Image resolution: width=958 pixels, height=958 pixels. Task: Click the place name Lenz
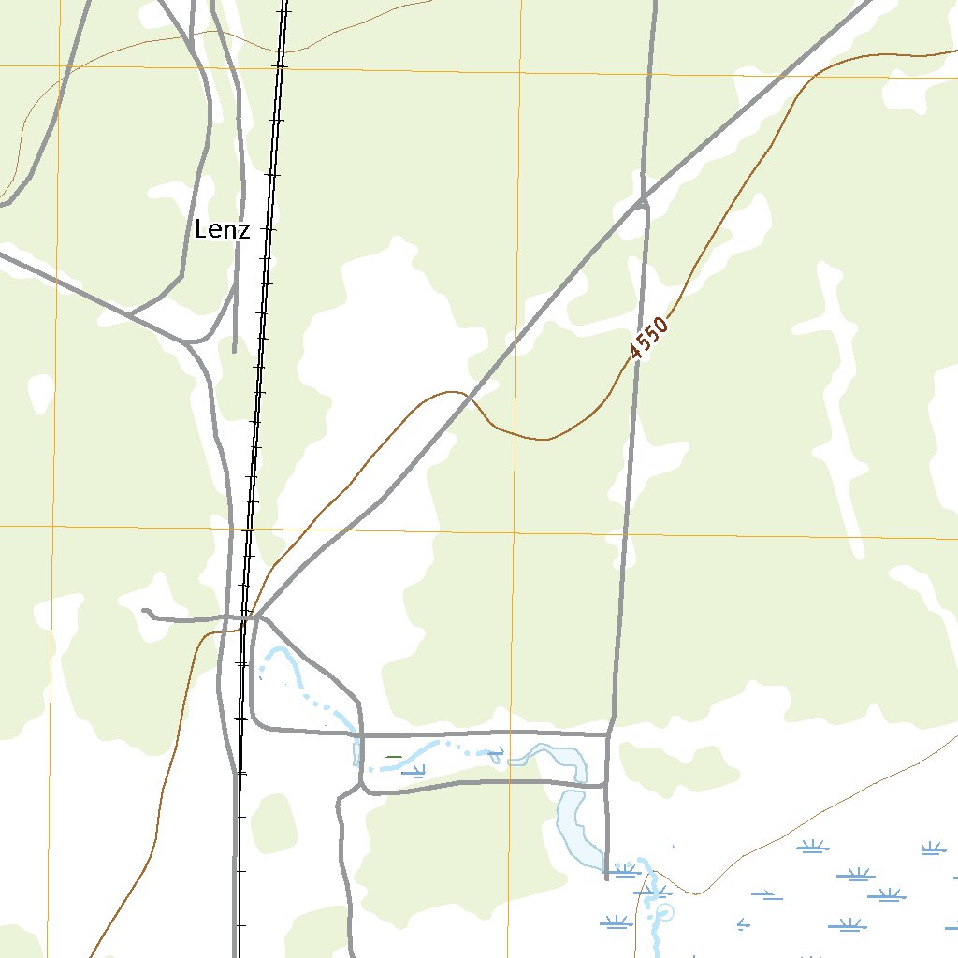click(223, 229)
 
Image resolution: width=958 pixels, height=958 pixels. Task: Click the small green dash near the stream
click(394, 757)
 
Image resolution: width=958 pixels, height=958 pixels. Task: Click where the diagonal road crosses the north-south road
click(643, 199)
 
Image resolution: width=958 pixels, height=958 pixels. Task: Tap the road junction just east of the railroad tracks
click(256, 617)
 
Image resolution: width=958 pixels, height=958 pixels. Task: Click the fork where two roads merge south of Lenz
click(192, 342)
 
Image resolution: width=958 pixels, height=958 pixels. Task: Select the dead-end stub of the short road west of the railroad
click(144, 612)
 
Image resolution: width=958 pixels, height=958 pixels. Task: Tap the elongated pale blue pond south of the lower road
click(575, 828)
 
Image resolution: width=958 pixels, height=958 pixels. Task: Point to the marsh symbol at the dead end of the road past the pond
click(621, 871)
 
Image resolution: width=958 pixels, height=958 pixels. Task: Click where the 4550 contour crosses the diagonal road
click(470, 397)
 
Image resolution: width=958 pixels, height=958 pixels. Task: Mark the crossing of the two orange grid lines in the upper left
click(58, 66)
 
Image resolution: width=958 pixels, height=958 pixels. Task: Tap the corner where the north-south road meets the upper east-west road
click(609, 733)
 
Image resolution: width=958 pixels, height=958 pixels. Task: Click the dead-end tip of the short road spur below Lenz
click(234, 351)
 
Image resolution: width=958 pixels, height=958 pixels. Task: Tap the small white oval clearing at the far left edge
click(40, 393)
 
